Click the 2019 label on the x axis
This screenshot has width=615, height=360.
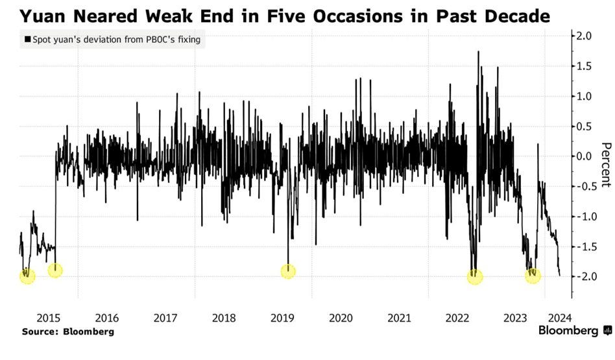(x=282, y=318)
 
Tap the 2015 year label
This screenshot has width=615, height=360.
(x=49, y=318)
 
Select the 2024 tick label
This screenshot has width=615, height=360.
(x=559, y=318)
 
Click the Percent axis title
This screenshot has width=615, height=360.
(x=606, y=166)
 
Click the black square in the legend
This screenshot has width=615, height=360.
(x=27, y=40)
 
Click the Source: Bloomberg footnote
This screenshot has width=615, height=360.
(x=68, y=331)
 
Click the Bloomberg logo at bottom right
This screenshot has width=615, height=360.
(x=575, y=331)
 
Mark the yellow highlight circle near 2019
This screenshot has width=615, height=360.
(x=288, y=271)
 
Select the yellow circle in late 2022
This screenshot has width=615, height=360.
(x=476, y=276)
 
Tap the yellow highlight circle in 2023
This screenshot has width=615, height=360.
(x=533, y=275)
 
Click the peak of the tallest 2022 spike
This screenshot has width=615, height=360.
(x=478, y=52)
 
